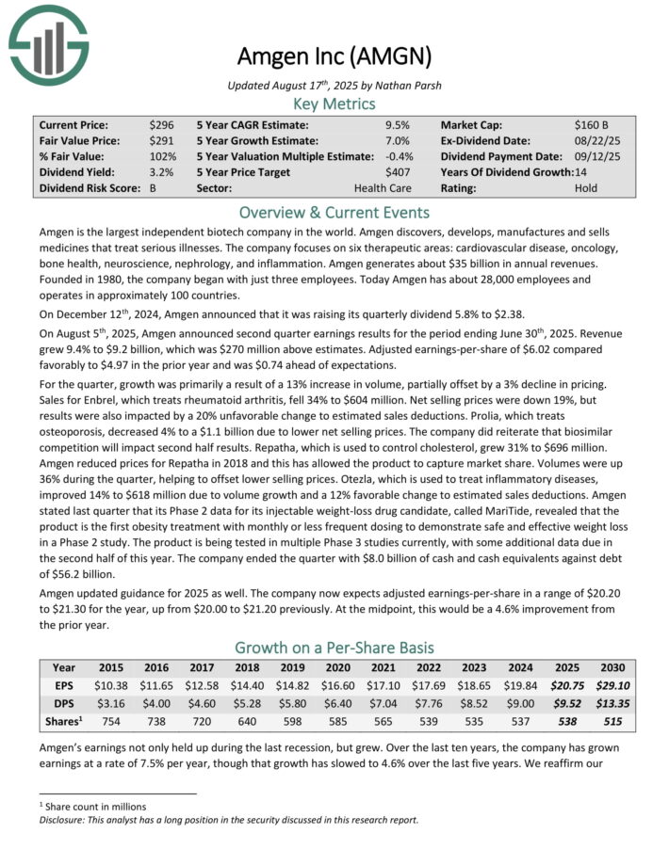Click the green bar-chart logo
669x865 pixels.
click(x=48, y=40)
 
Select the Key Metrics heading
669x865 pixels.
click(x=334, y=104)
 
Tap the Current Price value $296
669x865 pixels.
click(x=161, y=124)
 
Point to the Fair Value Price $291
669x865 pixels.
click(x=161, y=140)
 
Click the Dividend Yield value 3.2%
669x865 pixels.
click(x=161, y=172)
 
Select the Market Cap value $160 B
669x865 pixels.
click(x=592, y=124)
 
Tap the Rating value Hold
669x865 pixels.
click(x=586, y=188)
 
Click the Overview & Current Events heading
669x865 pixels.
click(x=334, y=212)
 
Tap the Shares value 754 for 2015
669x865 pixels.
click(x=111, y=720)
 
